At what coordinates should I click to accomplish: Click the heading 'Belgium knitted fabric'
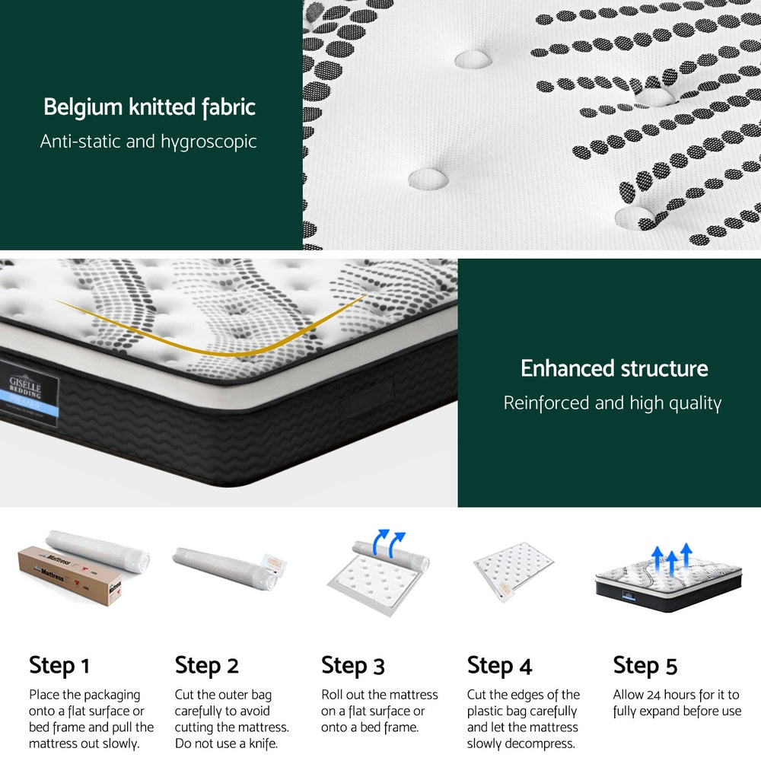(149, 107)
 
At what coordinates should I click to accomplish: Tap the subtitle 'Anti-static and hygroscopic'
(148, 142)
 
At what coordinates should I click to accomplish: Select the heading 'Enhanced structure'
(613, 369)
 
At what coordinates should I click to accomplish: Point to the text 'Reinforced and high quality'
(612, 403)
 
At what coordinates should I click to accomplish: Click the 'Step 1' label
(59, 665)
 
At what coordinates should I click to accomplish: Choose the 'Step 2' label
(206, 665)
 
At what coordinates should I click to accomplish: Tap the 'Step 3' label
(352, 665)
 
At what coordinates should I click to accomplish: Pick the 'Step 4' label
(499, 665)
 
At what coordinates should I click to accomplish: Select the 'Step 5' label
(645, 665)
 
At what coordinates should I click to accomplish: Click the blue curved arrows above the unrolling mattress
(390, 542)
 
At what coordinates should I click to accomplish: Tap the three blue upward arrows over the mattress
(670, 558)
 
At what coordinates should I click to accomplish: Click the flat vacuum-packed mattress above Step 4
(513, 571)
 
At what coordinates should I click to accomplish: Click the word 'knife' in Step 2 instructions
(259, 743)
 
